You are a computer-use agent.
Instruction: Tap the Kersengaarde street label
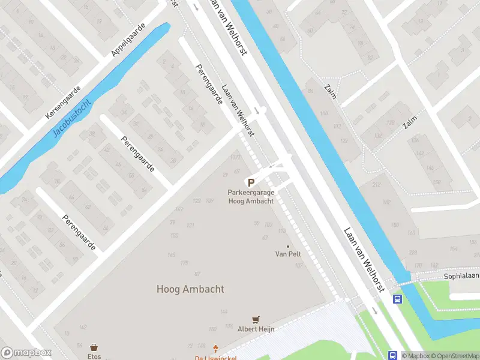(62, 101)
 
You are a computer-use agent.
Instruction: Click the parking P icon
(251, 182)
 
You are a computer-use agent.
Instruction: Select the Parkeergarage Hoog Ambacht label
(251, 197)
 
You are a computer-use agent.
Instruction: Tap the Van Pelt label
(288, 254)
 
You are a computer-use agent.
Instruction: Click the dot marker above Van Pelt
(288, 246)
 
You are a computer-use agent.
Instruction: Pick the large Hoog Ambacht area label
(190, 289)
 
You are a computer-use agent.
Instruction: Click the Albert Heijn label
(256, 329)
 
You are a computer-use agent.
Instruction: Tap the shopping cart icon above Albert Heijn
(256, 320)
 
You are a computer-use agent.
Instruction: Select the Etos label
(94, 356)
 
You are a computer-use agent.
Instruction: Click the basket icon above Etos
(94, 347)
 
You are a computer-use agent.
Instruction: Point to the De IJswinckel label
(215, 358)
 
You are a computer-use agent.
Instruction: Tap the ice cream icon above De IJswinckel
(216, 348)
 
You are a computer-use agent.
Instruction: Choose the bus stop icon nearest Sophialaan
(397, 299)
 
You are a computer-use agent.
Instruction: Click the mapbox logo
(26, 353)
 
